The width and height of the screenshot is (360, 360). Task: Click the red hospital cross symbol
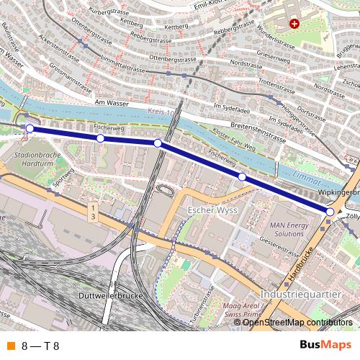(x=294, y=23)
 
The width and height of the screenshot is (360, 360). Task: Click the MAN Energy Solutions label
(x=287, y=229)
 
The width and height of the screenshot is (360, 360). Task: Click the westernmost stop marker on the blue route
(x=30, y=129)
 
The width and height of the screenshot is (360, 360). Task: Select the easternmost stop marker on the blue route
(x=330, y=212)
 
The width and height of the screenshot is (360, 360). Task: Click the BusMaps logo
(x=320, y=345)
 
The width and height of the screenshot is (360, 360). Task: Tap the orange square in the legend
(x=9, y=346)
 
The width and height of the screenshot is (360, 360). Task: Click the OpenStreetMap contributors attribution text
(x=297, y=322)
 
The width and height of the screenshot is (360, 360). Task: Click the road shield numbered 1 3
(x=93, y=212)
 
